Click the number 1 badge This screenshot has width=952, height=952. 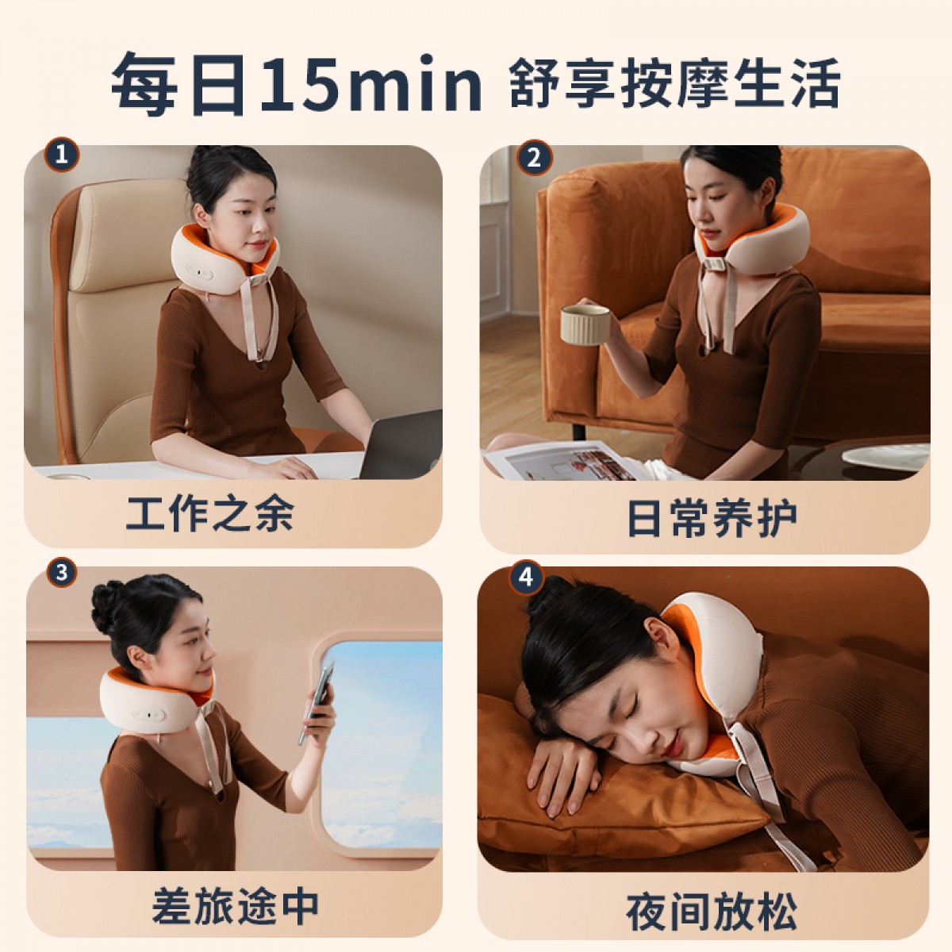click(61, 155)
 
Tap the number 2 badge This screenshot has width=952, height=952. click(535, 158)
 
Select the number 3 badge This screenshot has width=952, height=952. click(62, 573)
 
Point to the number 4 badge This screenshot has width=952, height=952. click(527, 577)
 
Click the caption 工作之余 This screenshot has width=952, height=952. click(210, 514)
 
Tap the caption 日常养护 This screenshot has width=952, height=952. click(712, 518)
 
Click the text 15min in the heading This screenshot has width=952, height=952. click(371, 84)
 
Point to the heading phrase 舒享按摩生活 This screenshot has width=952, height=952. click(674, 83)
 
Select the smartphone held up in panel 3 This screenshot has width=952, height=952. click(317, 703)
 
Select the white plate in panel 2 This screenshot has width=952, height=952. click(885, 456)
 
